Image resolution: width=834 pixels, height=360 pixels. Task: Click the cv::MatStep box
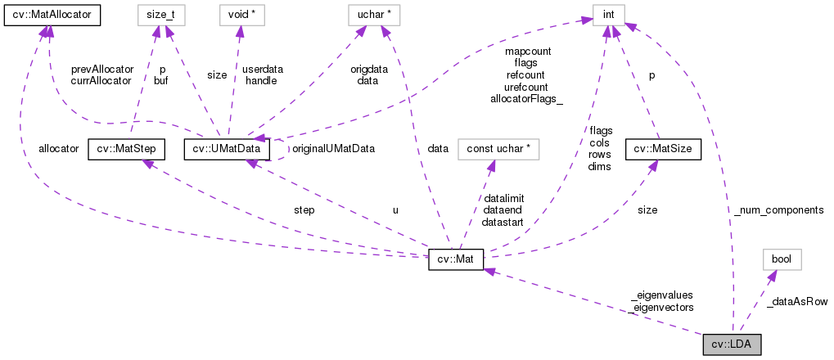point(126,149)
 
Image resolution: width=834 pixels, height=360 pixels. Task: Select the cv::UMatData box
point(227,149)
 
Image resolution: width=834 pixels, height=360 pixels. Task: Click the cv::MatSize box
point(663,149)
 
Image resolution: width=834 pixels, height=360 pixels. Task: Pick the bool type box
point(782,260)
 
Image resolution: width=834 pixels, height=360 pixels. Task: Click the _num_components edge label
point(778,210)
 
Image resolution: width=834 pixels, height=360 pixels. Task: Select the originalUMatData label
point(328,149)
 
